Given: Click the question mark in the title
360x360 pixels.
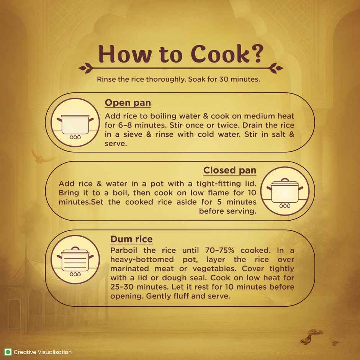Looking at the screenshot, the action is click(257, 54).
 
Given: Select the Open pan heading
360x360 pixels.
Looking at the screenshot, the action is click(128, 103).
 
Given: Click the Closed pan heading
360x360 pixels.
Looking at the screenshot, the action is click(229, 170).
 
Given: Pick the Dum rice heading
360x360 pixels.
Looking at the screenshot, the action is click(131, 239).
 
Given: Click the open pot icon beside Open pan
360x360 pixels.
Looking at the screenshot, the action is click(75, 123).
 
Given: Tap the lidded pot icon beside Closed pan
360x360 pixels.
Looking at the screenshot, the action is click(285, 191).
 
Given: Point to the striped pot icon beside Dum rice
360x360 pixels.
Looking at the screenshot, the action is click(75, 259).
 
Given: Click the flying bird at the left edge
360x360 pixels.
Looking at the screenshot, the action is click(42, 157).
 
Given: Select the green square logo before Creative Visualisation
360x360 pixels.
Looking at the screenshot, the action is click(8, 352).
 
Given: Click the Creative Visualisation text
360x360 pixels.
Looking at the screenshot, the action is click(43, 352).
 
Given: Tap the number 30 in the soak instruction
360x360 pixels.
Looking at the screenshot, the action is click(224, 79).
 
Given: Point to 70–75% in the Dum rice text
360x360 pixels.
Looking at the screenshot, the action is click(220, 250).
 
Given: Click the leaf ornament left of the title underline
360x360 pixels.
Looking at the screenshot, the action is click(86, 68).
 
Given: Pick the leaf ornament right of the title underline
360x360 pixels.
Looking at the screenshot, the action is click(275, 68).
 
